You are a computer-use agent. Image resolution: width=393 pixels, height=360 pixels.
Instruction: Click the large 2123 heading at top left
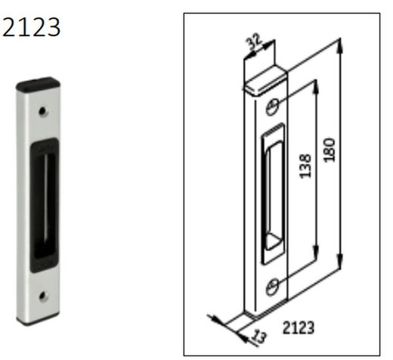tap(31, 27)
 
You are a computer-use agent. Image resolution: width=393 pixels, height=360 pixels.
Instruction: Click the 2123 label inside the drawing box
tap(299, 327)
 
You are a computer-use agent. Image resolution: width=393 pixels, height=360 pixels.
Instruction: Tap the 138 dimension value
tap(305, 166)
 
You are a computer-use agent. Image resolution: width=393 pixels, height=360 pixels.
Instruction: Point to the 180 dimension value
tap(330, 150)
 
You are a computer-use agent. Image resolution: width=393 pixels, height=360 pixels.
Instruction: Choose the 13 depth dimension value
tap(259, 337)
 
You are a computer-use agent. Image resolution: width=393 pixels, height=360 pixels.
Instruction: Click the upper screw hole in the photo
tap(43, 111)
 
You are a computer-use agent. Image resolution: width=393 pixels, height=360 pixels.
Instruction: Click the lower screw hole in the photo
tap(44, 296)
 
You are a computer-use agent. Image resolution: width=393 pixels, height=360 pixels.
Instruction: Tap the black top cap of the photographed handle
tap(38, 84)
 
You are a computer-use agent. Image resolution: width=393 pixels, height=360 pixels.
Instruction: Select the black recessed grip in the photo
tap(44, 205)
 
